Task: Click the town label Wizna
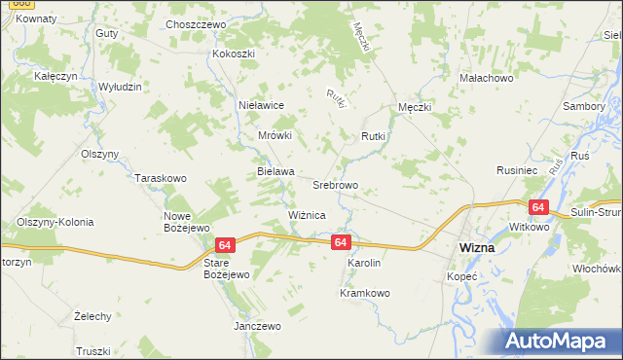[476, 248]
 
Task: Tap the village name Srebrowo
[336, 184]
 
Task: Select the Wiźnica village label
[307, 214]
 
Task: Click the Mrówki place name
[275, 136]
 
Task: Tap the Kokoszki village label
[234, 54]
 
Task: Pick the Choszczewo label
[196, 24]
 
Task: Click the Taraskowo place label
[161, 179]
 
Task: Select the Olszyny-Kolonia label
[55, 222]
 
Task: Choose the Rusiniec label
[518, 169]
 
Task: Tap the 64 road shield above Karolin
[339, 241]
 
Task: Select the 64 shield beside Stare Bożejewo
[224, 245]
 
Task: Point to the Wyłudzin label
[121, 87]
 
